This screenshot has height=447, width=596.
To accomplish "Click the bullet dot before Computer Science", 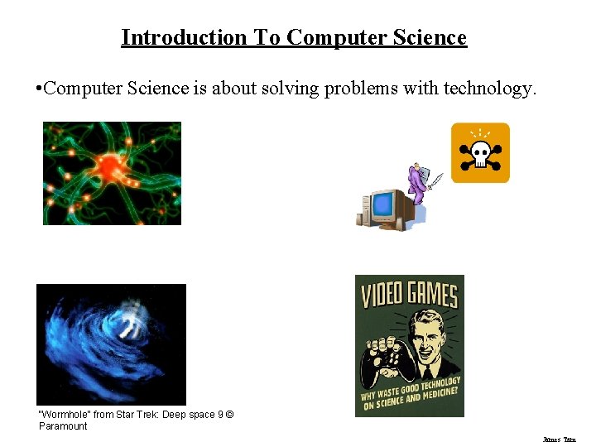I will pyautogui.click(x=39, y=88).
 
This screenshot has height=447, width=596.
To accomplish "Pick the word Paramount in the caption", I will pyautogui.click(x=63, y=426).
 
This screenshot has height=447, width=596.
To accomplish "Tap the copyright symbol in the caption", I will pyautogui.click(x=230, y=414).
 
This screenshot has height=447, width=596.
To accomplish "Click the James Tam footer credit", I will pyautogui.click(x=559, y=440).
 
